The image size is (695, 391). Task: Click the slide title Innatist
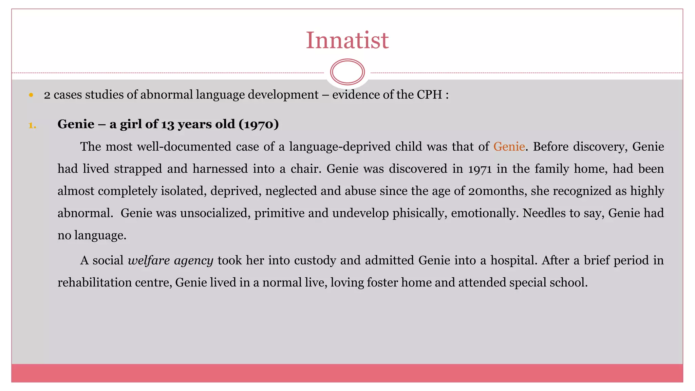click(347, 40)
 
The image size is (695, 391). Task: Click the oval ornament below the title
click(347, 72)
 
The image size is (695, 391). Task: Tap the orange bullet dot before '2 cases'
click(31, 95)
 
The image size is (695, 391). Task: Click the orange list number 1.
click(32, 126)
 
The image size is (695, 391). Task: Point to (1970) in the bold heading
click(259, 124)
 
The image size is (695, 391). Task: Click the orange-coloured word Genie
click(509, 147)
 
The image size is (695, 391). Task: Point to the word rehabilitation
click(94, 282)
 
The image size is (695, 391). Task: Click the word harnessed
click(220, 169)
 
